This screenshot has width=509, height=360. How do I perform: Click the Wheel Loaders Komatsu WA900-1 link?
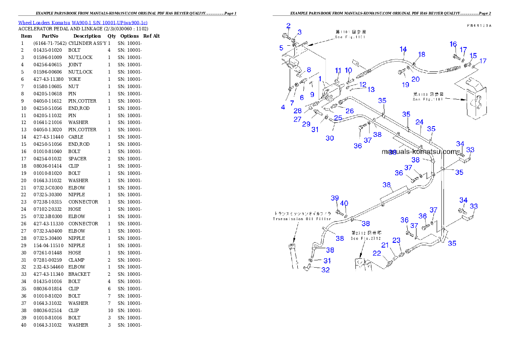pos(83,22)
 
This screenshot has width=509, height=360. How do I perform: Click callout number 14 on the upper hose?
pos(403,49)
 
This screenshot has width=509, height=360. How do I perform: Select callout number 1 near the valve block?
pos(320,79)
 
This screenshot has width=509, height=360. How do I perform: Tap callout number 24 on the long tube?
pos(419,122)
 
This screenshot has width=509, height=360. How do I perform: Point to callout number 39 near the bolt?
pos(334,198)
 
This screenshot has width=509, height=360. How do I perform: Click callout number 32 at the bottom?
pos(326,270)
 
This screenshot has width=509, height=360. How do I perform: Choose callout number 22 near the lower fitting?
pos(376,253)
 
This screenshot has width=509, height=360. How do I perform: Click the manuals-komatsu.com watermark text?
pos(420,151)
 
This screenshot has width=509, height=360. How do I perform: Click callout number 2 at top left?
pos(288,26)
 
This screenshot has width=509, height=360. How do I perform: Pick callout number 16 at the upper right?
pos(453,44)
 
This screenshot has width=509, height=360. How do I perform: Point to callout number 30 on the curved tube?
pos(329,138)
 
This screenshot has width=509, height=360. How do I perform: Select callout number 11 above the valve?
pos(338,71)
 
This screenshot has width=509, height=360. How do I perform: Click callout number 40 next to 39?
pos(344,204)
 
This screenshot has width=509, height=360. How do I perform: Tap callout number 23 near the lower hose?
pos(397,240)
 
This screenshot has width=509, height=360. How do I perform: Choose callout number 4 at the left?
pos(283,107)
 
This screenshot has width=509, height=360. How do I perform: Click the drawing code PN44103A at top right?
pos(479,26)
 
